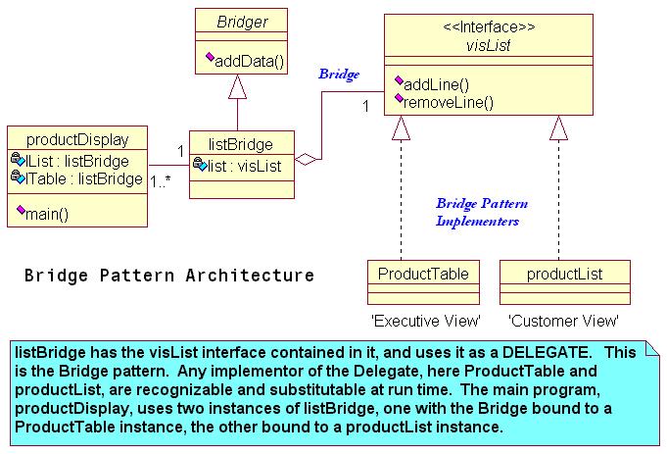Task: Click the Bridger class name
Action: tap(242, 22)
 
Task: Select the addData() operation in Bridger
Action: tap(249, 62)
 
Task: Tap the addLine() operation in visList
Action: tap(436, 84)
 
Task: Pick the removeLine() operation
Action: tap(448, 102)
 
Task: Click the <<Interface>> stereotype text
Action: tap(489, 26)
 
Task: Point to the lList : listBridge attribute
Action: tap(77, 161)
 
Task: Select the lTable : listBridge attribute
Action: tap(84, 178)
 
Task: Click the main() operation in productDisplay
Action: tap(47, 214)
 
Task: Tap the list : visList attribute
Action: tap(244, 166)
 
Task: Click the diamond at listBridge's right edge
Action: tap(306, 160)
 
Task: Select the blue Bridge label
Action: tap(339, 75)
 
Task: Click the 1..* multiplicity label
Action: tap(161, 182)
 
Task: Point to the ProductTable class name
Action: tap(423, 274)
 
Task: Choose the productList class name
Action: tap(564, 274)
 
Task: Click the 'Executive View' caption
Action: tap(426, 321)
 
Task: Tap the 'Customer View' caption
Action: tap(563, 321)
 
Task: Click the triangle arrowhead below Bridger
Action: tap(237, 87)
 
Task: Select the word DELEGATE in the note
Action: tap(547, 352)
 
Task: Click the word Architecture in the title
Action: tap(250, 276)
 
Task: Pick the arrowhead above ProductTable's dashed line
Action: tap(401, 127)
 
